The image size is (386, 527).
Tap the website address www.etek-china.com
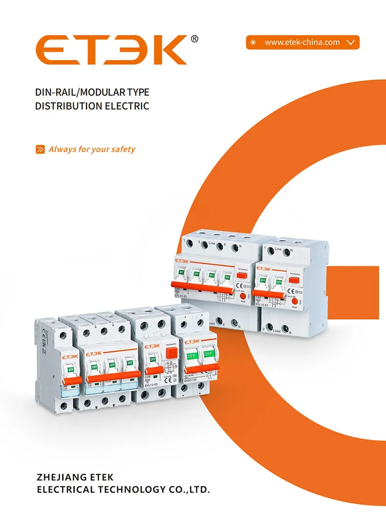coord(302,42)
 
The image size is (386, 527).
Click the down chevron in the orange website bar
coord(350,42)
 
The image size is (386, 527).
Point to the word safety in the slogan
coord(123,149)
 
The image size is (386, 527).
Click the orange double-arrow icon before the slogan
coord(41,149)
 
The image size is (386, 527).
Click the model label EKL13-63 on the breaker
coord(154,385)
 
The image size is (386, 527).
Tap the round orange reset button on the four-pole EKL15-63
coord(243,292)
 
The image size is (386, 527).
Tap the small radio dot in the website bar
coord(253,42)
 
